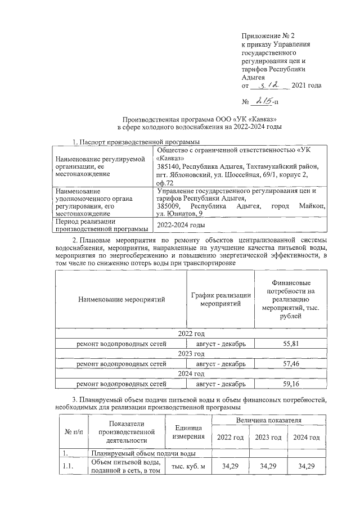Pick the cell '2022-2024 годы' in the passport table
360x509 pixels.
pos(181,225)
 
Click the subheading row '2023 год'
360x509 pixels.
pos(191,354)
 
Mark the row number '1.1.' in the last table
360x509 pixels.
pos(68,466)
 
